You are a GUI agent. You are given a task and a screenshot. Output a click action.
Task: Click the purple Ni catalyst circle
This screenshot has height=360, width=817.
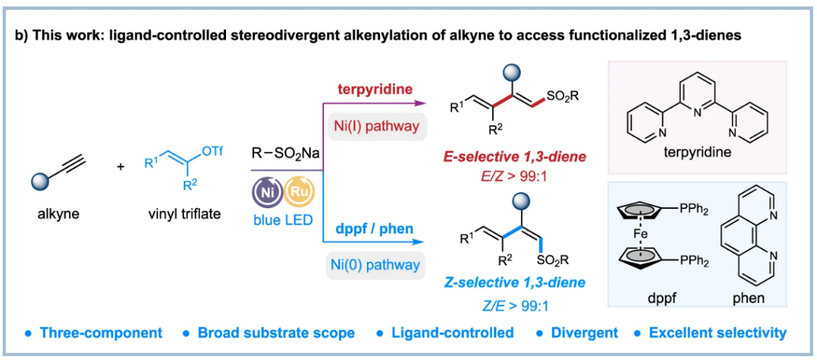[x=268, y=192]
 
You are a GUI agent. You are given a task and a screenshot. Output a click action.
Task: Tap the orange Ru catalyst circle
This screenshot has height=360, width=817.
[x=299, y=191]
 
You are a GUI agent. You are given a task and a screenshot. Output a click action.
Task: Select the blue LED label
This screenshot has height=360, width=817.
[x=283, y=220]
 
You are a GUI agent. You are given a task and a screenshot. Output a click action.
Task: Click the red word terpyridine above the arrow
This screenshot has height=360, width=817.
[x=375, y=89]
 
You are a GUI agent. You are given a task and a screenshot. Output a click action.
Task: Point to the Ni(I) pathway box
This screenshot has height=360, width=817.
[x=377, y=127]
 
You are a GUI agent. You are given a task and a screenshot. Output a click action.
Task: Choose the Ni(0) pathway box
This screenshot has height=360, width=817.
[x=375, y=265]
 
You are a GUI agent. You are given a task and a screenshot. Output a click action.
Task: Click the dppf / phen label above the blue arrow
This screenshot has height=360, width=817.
[x=374, y=229]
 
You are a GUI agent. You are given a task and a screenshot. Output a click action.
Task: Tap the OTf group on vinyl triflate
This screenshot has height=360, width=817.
[x=212, y=150]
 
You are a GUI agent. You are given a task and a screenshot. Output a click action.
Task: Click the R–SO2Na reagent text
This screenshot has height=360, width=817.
[x=285, y=153]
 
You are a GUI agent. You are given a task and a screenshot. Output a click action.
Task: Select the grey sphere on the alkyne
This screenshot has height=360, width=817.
[x=40, y=181]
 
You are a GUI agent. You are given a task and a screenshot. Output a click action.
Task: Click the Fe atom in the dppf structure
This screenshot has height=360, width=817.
[x=641, y=233]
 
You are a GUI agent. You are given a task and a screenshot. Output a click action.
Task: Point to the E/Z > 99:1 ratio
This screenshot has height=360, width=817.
[x=514, y=176]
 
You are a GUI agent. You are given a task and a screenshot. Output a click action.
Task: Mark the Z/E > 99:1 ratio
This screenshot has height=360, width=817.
[x=515, y=306]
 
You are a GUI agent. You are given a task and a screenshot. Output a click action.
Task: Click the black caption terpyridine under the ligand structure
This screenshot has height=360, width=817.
[x=697, y=152]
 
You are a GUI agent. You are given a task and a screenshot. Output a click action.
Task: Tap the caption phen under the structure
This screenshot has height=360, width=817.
[x=748, y=298]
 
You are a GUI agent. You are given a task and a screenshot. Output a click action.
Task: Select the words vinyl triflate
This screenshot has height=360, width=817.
[x=185, y=214]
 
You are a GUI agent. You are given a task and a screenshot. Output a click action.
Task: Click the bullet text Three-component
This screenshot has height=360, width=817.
[x=101, y=333]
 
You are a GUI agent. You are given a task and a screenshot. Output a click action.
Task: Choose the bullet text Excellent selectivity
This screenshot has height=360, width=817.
[x=718, y=333]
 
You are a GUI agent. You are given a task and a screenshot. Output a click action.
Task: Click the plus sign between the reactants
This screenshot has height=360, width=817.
[x=121, y=167]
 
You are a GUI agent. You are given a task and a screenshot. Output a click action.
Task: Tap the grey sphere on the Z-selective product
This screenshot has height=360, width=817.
[x=522, y=201]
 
